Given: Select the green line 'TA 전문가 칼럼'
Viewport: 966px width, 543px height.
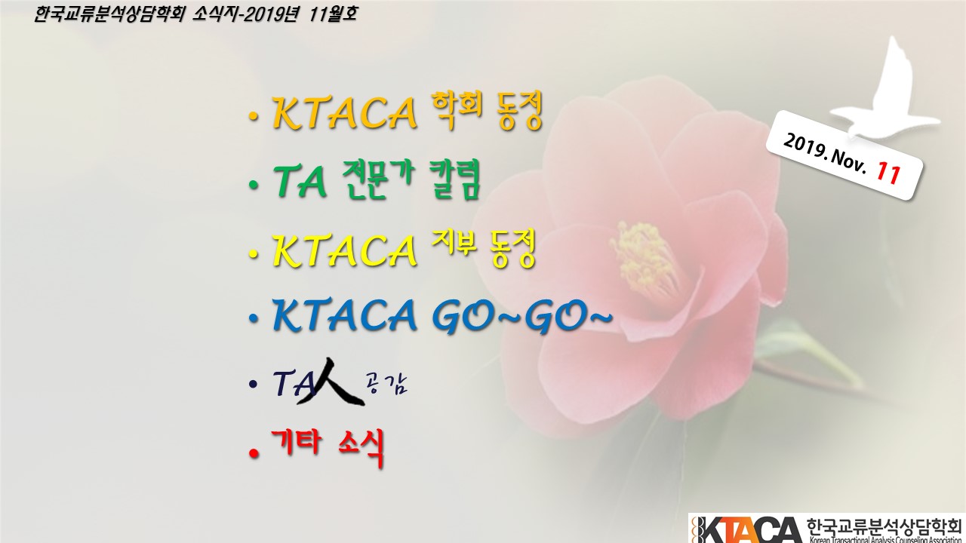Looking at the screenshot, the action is [377, 180].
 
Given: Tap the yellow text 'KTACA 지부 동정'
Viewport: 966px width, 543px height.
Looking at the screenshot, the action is [404, 249].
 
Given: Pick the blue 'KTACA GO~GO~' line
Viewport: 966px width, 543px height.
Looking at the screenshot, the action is [443, 316].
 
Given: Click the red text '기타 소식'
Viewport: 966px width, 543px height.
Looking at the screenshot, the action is [328, 447].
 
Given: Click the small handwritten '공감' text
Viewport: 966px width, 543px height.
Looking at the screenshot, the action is [386, 385].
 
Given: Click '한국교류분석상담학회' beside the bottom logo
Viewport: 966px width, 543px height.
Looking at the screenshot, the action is [884, 526].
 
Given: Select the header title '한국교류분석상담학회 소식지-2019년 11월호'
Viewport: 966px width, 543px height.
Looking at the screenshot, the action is [195, 14].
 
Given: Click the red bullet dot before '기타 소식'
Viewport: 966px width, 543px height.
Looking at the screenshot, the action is [254, 453].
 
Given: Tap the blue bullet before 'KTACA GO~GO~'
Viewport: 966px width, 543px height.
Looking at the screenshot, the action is [254, 318].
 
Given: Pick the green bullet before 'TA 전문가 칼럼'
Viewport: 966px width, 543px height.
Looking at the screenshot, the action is [254, 186].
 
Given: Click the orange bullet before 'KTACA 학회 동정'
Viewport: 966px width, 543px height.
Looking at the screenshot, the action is [254, 116].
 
